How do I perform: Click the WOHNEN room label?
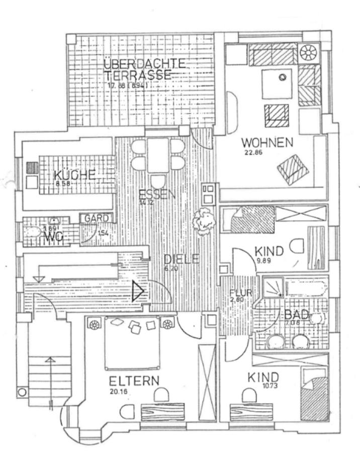pos(266,143)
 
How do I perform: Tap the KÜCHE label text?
pos(74,175)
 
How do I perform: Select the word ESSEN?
pos(157,194)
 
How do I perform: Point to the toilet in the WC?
pos(33,232)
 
